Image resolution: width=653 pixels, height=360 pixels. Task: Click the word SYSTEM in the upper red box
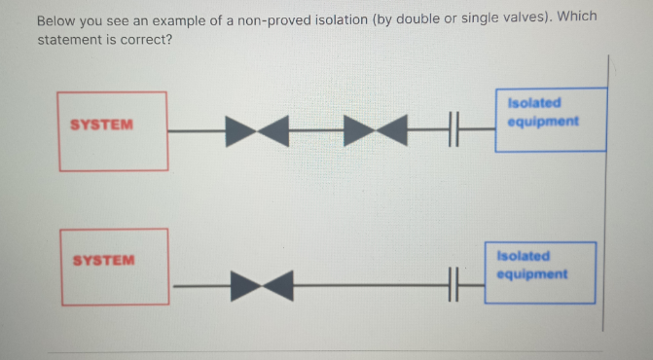click(101, 125)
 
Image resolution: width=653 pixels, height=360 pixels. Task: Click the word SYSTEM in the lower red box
click(104, 261)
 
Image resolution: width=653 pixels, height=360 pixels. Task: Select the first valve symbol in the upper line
click(257, 131)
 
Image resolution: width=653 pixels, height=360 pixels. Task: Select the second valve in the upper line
click(376, 130)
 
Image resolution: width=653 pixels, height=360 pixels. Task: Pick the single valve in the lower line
click(262, 286)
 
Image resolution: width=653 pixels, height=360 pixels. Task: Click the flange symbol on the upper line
click(453, 129)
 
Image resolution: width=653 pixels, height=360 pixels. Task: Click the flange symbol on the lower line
click(453, 285)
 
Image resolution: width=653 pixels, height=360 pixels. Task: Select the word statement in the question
click(65, 40)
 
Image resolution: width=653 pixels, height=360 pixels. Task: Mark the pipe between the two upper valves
click(316, 130)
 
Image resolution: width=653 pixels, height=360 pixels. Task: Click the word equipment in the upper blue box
click(543, 122)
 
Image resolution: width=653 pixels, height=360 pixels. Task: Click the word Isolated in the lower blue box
click(524, 256)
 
